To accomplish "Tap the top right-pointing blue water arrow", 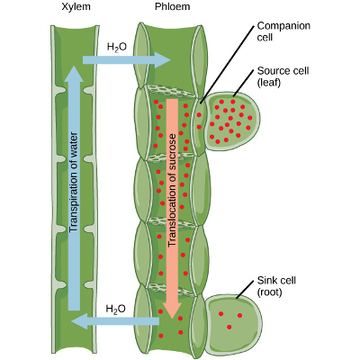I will click(x=126, y=60).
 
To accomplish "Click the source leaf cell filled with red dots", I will click(x=232, y=121).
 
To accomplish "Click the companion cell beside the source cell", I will click(x=199, y=121).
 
